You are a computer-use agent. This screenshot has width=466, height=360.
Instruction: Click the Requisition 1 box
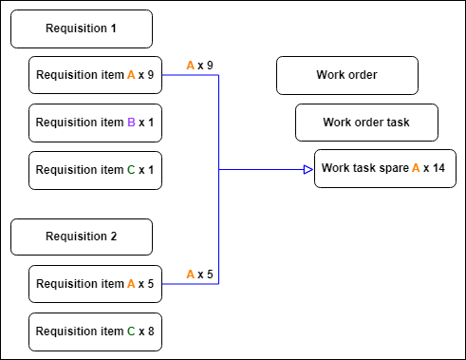pyautogui.click(x=82, y=28)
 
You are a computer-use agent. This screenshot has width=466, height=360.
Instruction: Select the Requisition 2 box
pyautogui.click(x=82, y=237)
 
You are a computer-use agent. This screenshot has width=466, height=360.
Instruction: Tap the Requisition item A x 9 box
pyautogui.click(x=95, y=75)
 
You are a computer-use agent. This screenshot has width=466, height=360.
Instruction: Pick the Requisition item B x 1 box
pyautogui.click(x=95, y=123)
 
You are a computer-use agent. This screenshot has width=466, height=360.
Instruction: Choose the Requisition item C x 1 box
pyautogui.click(x=95, y=170)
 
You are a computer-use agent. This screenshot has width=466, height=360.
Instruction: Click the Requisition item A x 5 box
pyautogui.click(x=95, y=284)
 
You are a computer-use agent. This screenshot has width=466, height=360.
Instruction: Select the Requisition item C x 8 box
pyautogui.click(x=95, y=332)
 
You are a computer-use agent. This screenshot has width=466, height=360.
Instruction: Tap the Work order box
pyautogui.click(x=347, y=75)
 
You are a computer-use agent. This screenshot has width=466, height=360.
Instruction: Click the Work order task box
pyautogui.click(x=366, y=123)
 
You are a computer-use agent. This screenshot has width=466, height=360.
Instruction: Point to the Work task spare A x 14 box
pyautogui.click(x=385, y=168)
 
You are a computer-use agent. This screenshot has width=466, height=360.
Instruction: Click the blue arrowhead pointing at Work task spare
pyautogui.click(x=308, y=170)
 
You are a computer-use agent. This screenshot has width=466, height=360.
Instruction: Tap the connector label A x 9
pyautogui.click(x=199, y=66)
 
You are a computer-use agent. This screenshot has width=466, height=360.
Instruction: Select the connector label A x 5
pyautogui.click(x=199, y=275)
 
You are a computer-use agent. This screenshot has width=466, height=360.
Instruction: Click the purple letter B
pyautogui.click(x=131, y=123)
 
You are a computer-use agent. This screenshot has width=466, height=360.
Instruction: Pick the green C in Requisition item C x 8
pyautogui.click(x=131, y=332)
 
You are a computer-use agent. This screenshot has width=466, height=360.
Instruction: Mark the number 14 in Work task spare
pyautogui.click(x=438, y=168)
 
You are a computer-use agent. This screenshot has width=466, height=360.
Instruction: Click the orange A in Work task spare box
pyautogui.click(x=416, y=168)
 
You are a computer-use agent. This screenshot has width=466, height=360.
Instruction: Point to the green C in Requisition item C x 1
pyautogui.click(x=131, y=170)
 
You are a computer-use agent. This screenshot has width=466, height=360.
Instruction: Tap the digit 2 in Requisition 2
pyautogui.click(x=114, y=237)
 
